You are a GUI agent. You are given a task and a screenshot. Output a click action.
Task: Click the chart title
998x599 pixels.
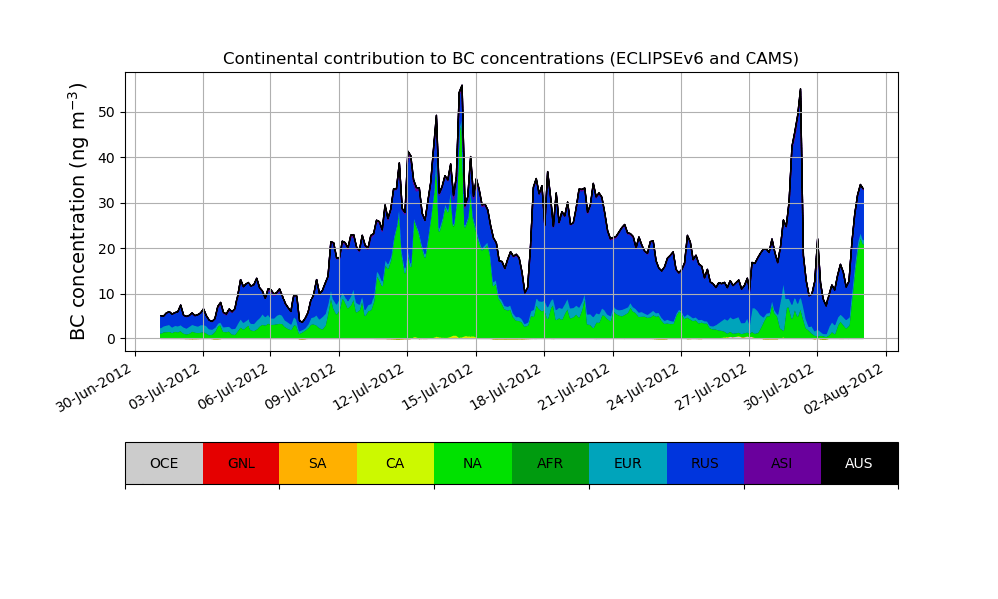pos(510,59)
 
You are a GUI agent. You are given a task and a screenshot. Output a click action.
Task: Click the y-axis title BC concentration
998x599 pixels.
pos(79,212)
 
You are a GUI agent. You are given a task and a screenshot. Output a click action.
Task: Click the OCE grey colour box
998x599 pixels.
pos(164,463)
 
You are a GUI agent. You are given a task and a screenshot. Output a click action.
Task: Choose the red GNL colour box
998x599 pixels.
pos(241,463)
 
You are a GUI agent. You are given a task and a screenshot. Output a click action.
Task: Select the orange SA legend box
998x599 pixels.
pos(318,463)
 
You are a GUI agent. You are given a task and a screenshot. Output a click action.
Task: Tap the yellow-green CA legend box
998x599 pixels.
pos(395,463)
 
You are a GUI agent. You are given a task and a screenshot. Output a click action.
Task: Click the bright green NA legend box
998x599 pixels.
pos(473,463)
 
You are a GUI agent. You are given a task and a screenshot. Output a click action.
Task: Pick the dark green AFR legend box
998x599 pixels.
pos(550,463)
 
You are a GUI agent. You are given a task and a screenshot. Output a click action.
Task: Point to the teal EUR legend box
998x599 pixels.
pos(628,463)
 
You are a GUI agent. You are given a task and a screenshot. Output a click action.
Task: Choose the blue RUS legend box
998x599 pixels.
pos(705,463)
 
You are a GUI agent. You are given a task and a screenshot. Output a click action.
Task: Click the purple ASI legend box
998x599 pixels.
pos(782,463)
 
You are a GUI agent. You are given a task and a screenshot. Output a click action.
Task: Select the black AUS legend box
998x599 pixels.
pos(859,463)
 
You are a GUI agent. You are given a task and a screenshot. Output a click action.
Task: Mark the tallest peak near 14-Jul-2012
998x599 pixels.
pos(461,86)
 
